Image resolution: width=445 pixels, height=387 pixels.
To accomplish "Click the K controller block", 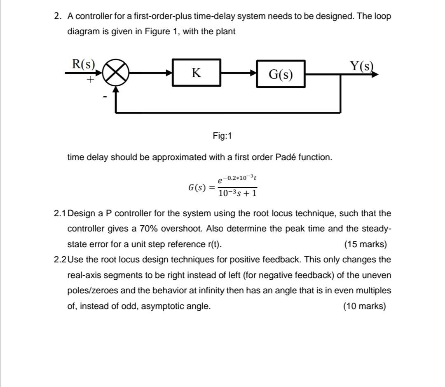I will pyautogui.click(x=197, y=73).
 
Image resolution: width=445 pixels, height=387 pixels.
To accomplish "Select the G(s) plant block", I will pyautogui.click(x=281, y=74).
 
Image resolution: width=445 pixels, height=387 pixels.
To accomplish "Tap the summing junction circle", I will pyautogui.click(x=116, y=74).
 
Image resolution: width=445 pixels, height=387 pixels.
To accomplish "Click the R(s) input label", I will pyautogui.click(x=83, y=64).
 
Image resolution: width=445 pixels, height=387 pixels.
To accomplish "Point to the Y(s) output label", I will pyautogui.click(x=361, y=66).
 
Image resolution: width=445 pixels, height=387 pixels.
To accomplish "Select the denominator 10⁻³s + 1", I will pyautogui.click(x=238, y=193).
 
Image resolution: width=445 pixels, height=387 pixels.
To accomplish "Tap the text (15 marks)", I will pyautogui.click(x=365, y=244).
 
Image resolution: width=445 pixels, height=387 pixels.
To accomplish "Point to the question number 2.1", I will pyautogui.click(x=60, y=213).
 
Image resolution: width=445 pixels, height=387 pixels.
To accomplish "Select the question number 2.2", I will pyautogui.click(x=60, y=260).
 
